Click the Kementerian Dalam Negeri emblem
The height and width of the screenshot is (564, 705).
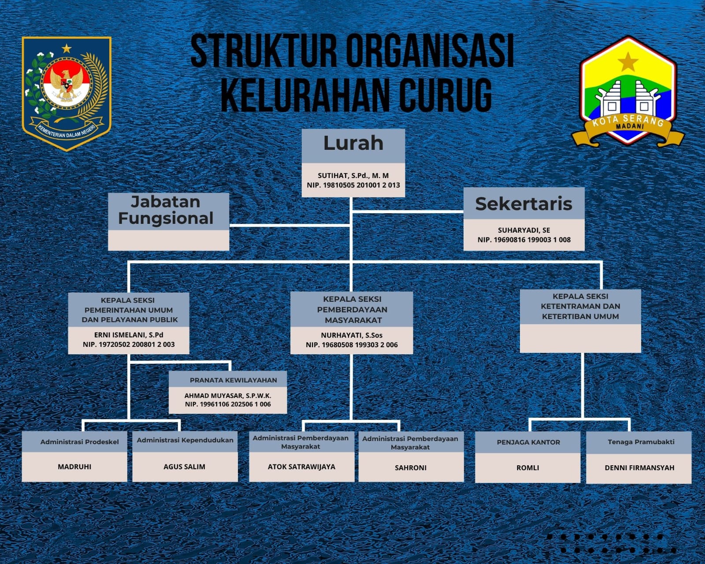coord(67,94)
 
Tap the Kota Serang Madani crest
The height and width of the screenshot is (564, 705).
coord(628,91)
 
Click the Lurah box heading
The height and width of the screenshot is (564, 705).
coord(353,143)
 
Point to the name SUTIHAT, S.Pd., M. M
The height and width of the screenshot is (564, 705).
coord(353,176)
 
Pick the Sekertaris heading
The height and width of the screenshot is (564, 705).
coord(523,204)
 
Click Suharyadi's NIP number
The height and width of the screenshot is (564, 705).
coord(524,240)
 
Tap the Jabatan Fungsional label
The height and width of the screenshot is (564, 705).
coord(166,210)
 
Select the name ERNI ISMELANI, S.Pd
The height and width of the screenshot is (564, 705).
coord(128,334)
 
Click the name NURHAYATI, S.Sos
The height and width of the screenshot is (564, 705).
coord(352,335)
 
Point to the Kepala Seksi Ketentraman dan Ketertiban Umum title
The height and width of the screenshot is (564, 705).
coord(580,306)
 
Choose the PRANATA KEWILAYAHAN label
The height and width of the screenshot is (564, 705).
coord(233,380)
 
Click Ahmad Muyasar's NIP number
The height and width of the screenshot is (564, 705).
coord(228,404)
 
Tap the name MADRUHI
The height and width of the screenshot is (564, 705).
coord(74,467)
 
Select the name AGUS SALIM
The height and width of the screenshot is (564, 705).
coord(184,467)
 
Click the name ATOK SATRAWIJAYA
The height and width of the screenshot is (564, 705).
coord(301,467)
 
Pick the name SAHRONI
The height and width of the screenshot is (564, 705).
coord(411,468)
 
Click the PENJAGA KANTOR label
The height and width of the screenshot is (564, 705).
coord(528,442)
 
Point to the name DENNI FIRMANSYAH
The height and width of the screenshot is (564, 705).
coord(639,468)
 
